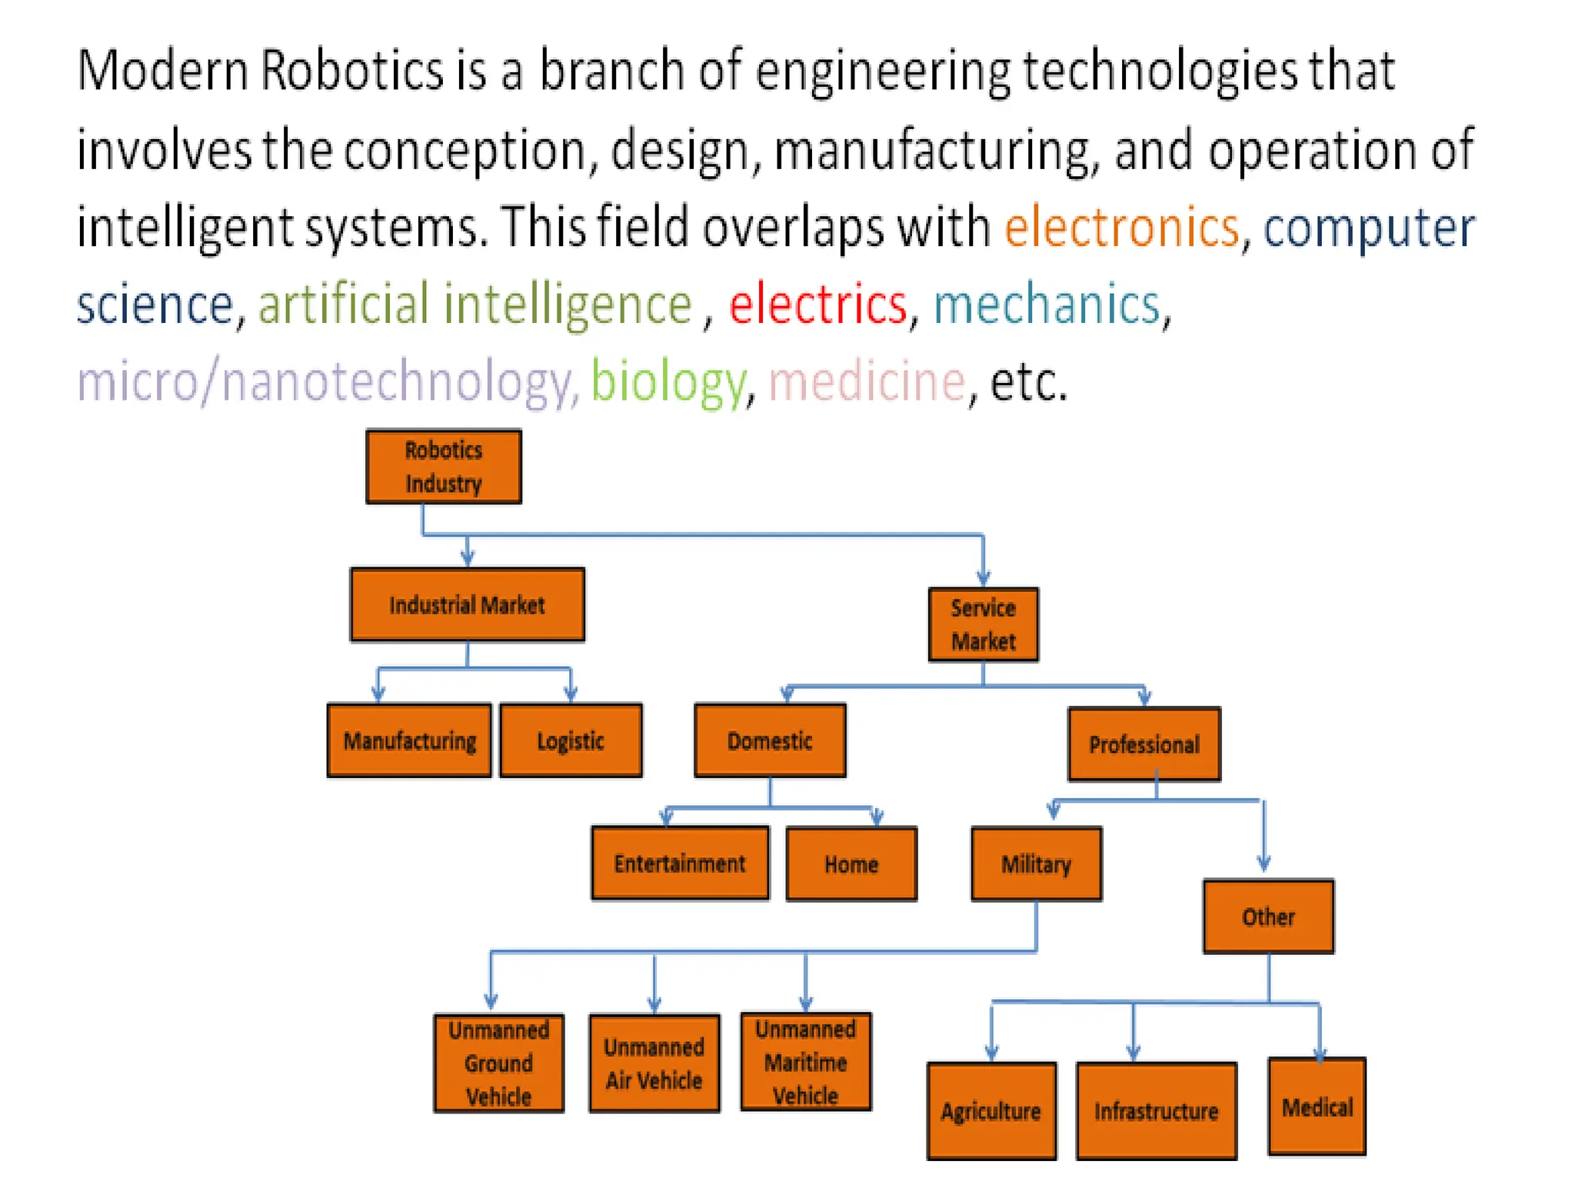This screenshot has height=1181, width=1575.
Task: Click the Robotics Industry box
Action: click(x=444, y=467)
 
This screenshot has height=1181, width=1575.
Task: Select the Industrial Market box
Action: click(x=467, y=605)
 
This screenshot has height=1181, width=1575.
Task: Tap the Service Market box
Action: click(x=983, y=624)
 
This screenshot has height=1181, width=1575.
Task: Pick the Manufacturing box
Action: click(x=409, y=740)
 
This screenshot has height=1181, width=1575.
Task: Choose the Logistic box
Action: click(x=571, y=740)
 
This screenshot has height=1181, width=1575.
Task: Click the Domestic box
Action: click(x=770, y=740)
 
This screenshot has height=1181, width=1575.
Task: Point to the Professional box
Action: click(x=1144, y=744)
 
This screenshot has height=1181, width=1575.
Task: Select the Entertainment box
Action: click(x=680, y=863)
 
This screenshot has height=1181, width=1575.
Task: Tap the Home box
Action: click(x=851, y=864)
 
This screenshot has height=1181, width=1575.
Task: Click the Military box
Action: click(x=1036, y=864)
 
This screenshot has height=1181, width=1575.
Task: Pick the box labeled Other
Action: click(x=1268, y=917)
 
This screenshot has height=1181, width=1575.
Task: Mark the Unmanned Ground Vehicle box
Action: click(x=498, y=1063)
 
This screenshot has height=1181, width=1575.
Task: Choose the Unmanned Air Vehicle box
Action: click(x=654, y=1063)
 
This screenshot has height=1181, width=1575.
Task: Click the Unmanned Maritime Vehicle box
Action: click(x=805, y=1062)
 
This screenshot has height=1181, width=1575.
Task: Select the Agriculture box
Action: click(x=991, y=1111)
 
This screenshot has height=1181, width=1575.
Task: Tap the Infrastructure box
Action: click(x=1156, y=1111)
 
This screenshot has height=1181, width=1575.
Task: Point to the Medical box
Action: click(x=1317, y=1107)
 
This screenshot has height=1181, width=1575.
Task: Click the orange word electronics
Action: click(x=1122, y=228)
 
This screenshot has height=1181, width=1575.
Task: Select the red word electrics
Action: click(x=818, y=304)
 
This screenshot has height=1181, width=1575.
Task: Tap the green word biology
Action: click(x=668, y=381)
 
